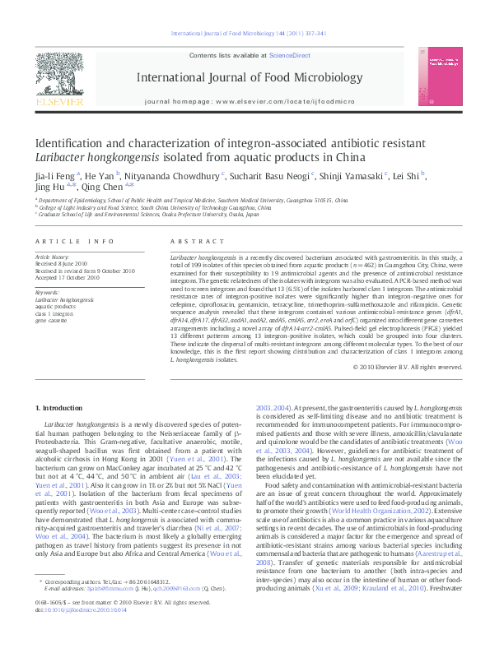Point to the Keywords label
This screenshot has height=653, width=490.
(48, 291)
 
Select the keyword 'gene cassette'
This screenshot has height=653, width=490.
(54, 318)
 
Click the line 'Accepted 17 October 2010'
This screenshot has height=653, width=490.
(68, 277)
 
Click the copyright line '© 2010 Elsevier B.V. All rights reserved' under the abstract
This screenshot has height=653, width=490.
(404, 367)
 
